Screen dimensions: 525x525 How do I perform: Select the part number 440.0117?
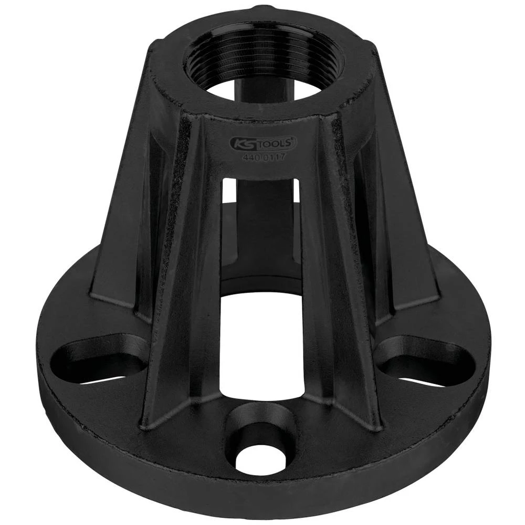(x=264, y=156)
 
